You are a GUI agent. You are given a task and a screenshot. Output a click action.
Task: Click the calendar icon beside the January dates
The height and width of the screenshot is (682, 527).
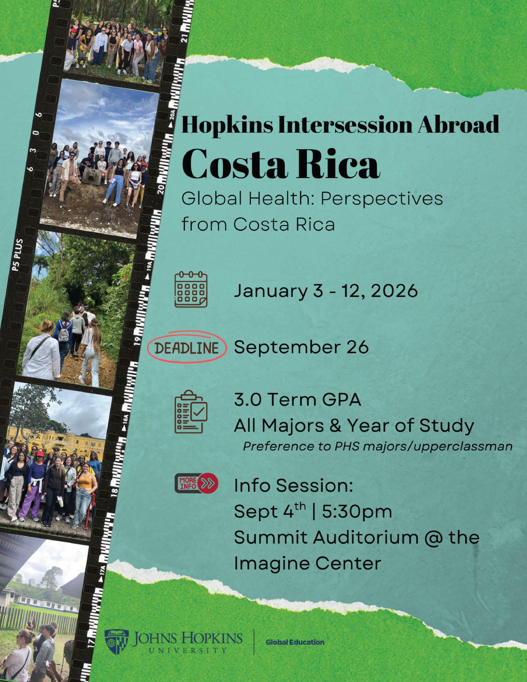pos(190,290)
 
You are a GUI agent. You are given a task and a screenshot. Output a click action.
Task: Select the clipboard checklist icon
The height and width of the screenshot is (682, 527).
pos(190,412)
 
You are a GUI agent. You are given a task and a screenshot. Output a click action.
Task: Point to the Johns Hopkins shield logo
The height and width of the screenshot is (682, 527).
pos(116,642)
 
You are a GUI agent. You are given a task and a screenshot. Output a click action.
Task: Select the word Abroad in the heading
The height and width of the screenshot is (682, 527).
pos(458,124)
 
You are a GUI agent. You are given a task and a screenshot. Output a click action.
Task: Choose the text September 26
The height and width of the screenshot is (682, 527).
pos(301,347)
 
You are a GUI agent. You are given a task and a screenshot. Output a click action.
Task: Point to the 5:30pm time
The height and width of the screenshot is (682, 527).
pos(357,511)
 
